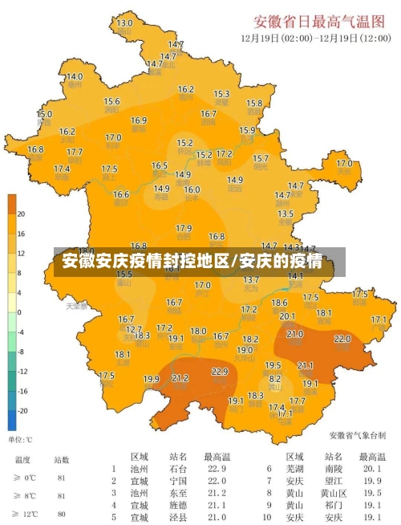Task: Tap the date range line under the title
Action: point(315,38)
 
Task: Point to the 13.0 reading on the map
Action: point(124,23)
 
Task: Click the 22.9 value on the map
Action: point(220,372)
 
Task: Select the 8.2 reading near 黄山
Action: point(275,378)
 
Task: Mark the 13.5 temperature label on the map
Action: point(286,214)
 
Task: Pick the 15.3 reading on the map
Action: point(222,95)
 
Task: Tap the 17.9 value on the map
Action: point(184,229)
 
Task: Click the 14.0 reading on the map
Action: point(74,77)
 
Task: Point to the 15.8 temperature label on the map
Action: point(254,104)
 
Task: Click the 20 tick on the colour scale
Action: point(22,214)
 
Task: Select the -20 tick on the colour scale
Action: point(22,410)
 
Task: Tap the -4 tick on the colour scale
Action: point(21,332)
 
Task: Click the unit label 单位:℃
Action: point(20,439)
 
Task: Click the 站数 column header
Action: point(61,460)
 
